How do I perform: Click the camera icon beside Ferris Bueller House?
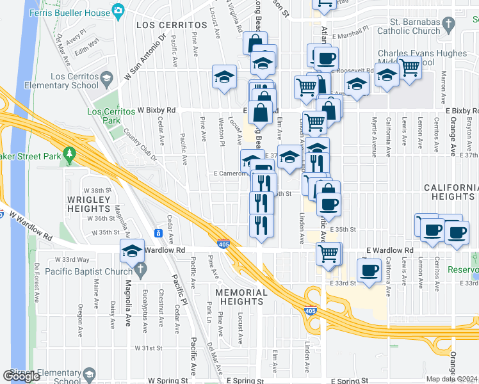pos(118,10)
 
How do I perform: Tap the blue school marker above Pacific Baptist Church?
pos(132,251)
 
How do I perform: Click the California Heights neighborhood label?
pos(451,192)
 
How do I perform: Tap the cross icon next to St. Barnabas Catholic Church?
pos(448,24)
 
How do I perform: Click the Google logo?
pos(22,376)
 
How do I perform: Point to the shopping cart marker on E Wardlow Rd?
pos(329,253)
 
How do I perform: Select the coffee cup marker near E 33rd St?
pos(369,271)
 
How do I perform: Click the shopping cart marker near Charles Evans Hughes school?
pos(409,67)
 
